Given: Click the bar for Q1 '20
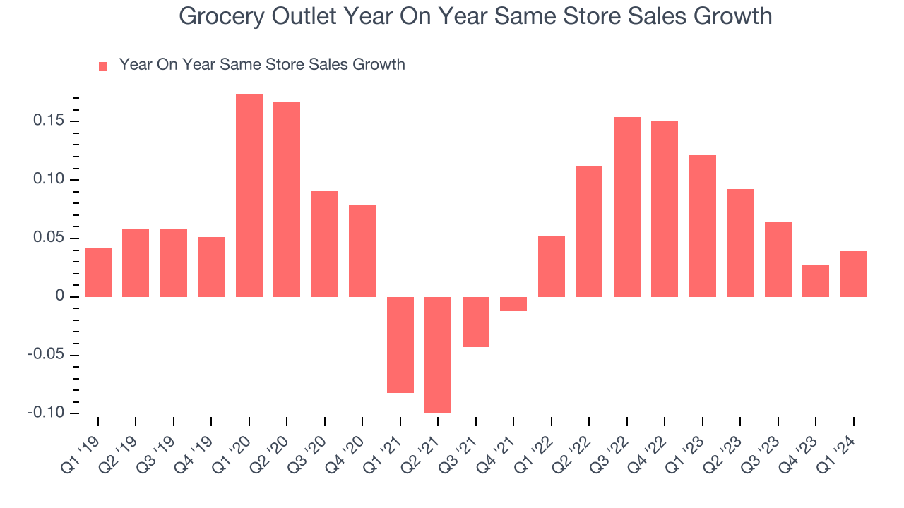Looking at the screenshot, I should pos(249,195).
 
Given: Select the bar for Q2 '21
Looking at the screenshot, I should pos(438,355).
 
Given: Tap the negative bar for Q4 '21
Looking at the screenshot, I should pos(513,304).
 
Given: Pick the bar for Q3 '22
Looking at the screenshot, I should pos(627,207).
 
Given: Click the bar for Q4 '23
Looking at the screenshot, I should pos(816,281).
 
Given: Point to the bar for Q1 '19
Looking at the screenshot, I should pos(98,272).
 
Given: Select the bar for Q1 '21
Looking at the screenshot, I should pos(400,345).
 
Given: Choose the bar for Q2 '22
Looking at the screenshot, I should pos(589,231).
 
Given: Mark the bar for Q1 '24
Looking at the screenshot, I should pos(854,274).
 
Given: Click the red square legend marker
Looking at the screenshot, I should pos(103,66).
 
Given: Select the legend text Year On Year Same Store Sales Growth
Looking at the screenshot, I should pos(262,65).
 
